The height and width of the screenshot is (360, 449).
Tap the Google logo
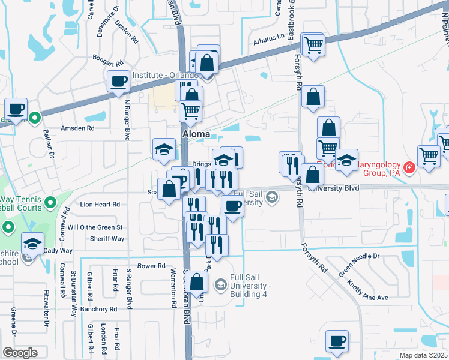[x=20, y=353]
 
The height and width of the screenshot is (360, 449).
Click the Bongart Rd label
[x=107, y=62]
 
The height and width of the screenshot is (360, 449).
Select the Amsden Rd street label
[x=77, y=128]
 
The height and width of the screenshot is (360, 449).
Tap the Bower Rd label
[x=151, y=266]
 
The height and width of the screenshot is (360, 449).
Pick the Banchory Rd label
[x=98, y=309]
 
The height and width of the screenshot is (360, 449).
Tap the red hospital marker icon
[x=409, y=167]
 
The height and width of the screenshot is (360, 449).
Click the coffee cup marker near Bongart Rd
[x=118, y=81]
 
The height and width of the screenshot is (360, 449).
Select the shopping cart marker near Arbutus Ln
[x=313, y=44]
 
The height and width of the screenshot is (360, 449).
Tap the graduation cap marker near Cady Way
[x=32, y=244]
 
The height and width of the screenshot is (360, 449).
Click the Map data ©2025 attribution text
[x=423, y=355]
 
